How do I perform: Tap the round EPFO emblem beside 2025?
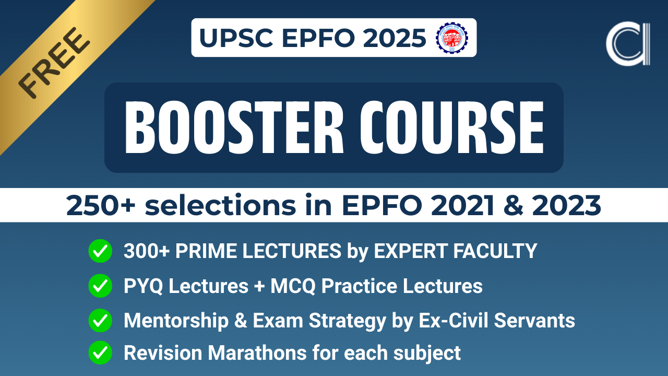coord(451,38)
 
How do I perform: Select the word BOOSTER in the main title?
coord(230,127)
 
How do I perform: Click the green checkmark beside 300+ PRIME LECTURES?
coord(100,252)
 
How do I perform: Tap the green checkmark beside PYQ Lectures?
coord(100,286)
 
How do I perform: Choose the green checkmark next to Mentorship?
coord(100,320)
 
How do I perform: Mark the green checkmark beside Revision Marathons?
coord(100,353)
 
